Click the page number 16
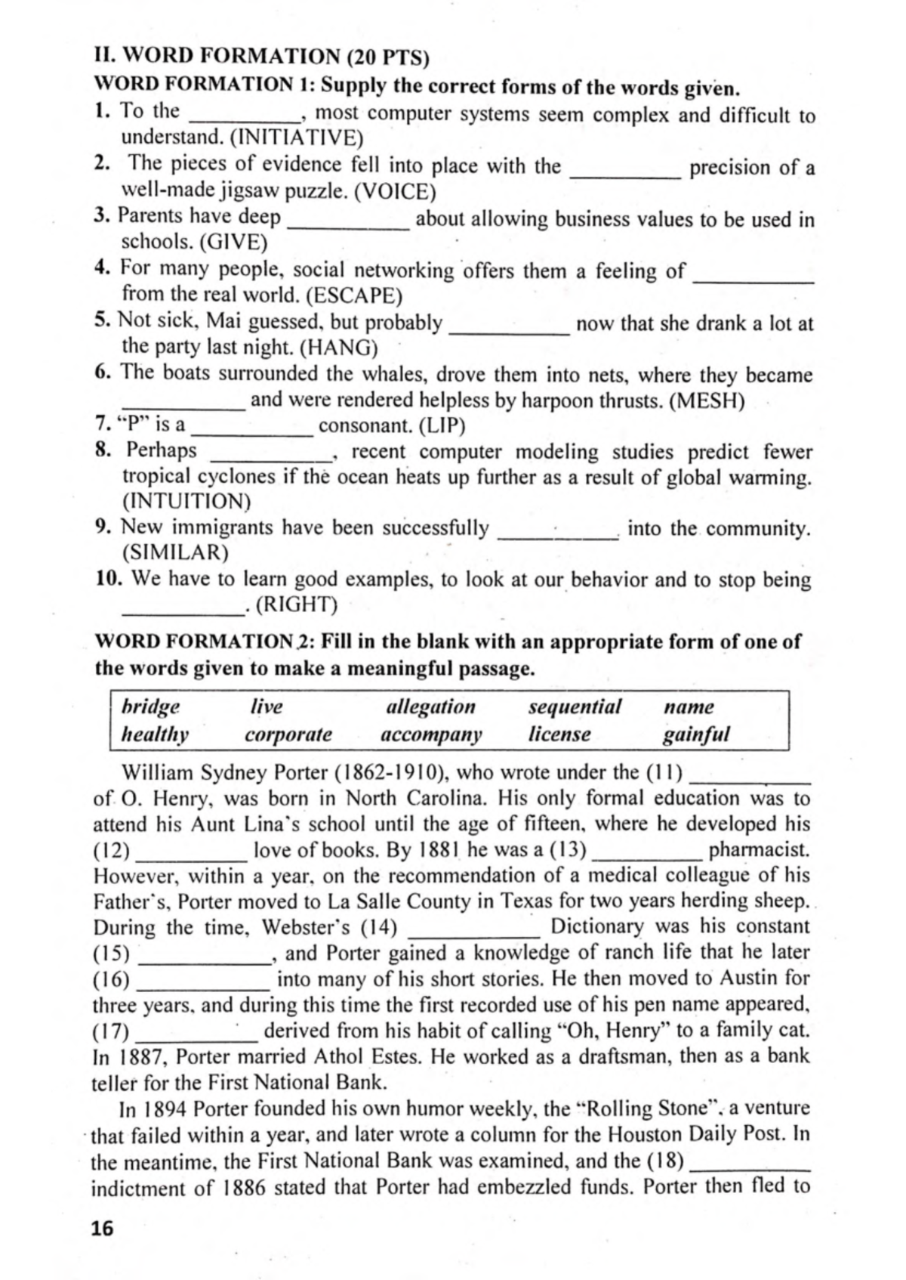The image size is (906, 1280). pyautogui.click(x=102, y=1228)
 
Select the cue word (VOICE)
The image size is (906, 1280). pyautogui.click(x=395, y=191)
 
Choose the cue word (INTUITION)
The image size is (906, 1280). pyautogui.click(x=186, y=501)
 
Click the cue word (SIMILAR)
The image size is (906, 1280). pyautogui.click(x=174, y=553)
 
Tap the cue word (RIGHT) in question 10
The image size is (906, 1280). pyautogui.click(x=297, y=605)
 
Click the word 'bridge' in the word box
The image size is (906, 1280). pyautogui.click(x=151, y=707)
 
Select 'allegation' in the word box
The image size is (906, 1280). pyautogui.click(x=430, y=707)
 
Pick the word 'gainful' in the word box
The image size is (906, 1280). pyautogui.click(x=696, y=734)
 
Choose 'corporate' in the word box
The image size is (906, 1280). pyautogui.click(x=288, y=734)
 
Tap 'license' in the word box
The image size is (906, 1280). pyautogui.click(x=559, y=734)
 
